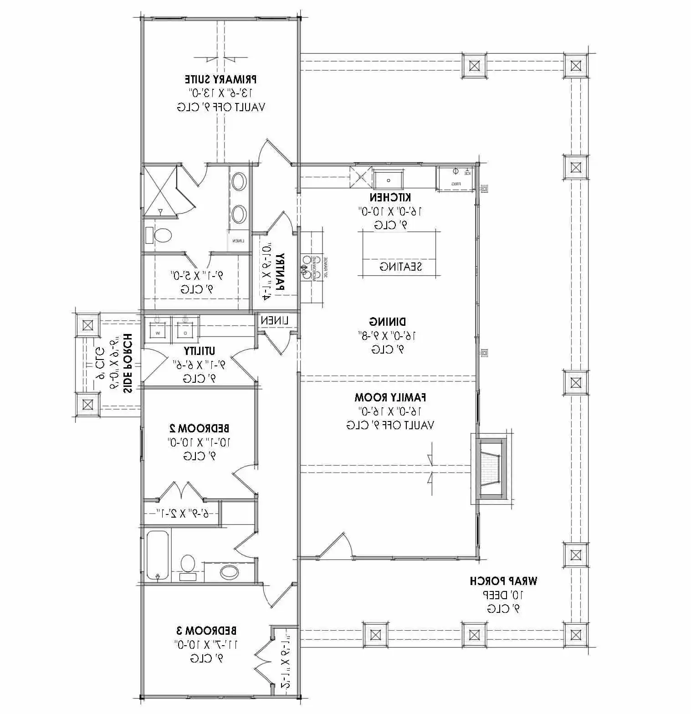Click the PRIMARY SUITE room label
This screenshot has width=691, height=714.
220,79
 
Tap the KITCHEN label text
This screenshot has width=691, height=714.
390,197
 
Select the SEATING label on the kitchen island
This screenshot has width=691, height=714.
400,267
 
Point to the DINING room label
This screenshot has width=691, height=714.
388,322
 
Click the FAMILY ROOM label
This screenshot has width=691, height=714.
390,397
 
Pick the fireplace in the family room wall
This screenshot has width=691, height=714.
491,469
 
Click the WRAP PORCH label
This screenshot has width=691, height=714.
503,581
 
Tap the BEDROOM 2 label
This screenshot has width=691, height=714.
199,428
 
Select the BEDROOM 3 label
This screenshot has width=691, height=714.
206,631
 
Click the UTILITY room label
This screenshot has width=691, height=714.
200,351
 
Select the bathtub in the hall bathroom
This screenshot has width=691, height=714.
158,556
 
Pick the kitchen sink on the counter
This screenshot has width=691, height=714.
388,180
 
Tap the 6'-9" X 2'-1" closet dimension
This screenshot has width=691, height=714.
182,514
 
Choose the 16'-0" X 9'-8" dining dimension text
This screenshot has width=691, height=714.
388,336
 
